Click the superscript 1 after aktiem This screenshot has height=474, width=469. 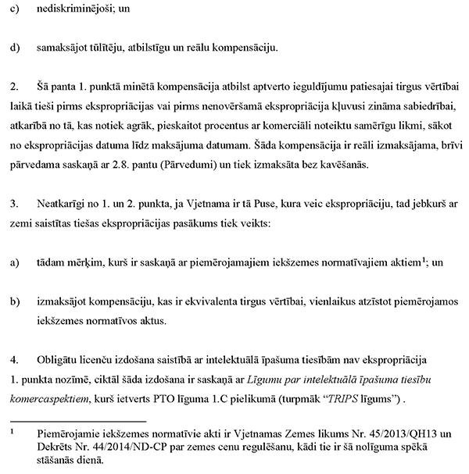(x=423, y=260)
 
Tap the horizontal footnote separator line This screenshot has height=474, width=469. (x=71, y=419)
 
